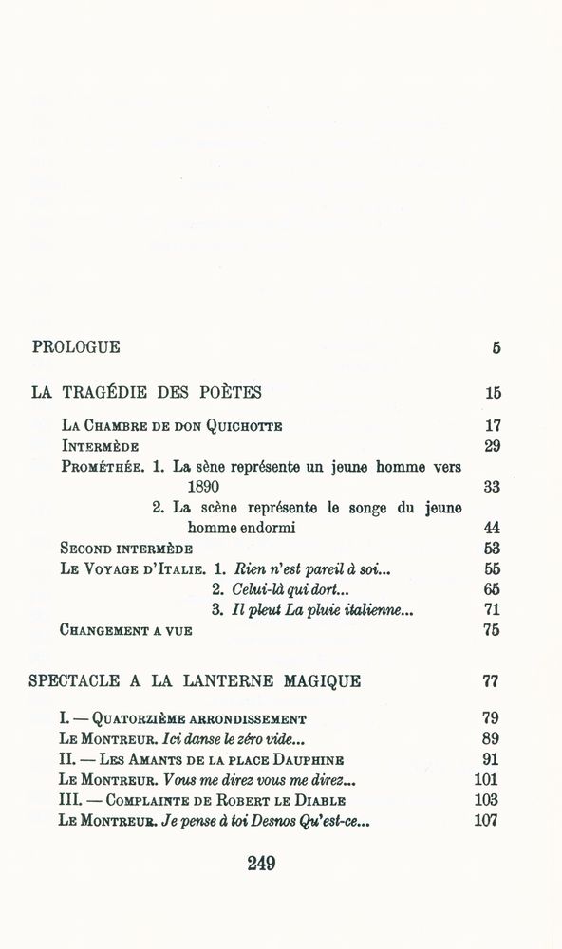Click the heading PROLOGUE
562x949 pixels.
(x=76, y=347)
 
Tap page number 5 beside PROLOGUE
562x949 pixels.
(x=496, y=348)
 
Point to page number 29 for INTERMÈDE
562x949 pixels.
(x=491, y=446)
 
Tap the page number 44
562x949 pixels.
(x=491, y=529)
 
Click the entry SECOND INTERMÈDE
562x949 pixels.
(x=126, y=549)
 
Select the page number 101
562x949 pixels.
(x=487, y=780)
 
